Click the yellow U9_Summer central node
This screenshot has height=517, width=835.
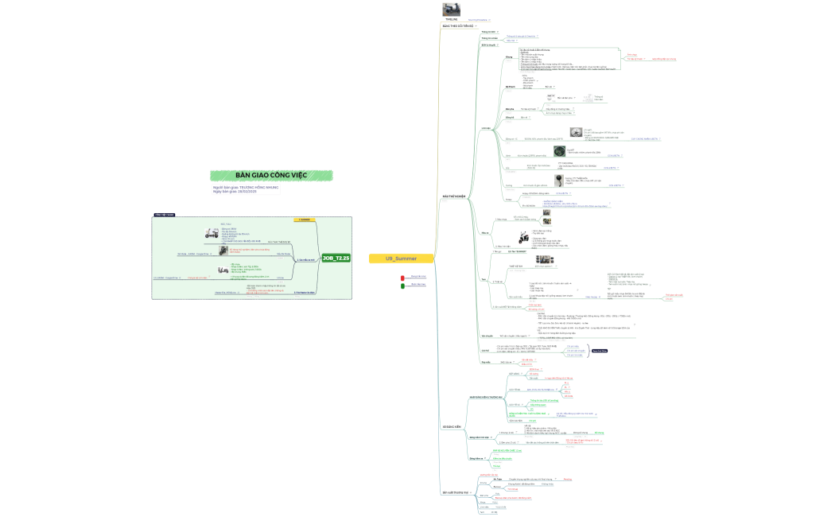(x=401, y=258)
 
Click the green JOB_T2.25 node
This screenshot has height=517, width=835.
(x=336, y=258)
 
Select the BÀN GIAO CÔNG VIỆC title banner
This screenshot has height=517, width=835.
(x=271, y=175)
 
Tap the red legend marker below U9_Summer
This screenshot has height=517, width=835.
(x=403, y=275)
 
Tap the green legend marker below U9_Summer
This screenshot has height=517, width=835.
(x=403, y=284)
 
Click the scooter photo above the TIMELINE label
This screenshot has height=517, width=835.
(x=452, y=9)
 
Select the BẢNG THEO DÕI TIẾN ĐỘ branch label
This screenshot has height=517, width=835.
(x=457, y=26)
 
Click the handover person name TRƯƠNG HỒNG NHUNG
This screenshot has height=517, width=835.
(x=259, y=187)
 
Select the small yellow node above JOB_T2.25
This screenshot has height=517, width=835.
(x=305, y=219)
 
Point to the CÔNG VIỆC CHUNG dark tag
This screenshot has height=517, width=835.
(x=165, y=215)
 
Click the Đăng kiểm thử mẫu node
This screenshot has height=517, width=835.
(x=486, y=460)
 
